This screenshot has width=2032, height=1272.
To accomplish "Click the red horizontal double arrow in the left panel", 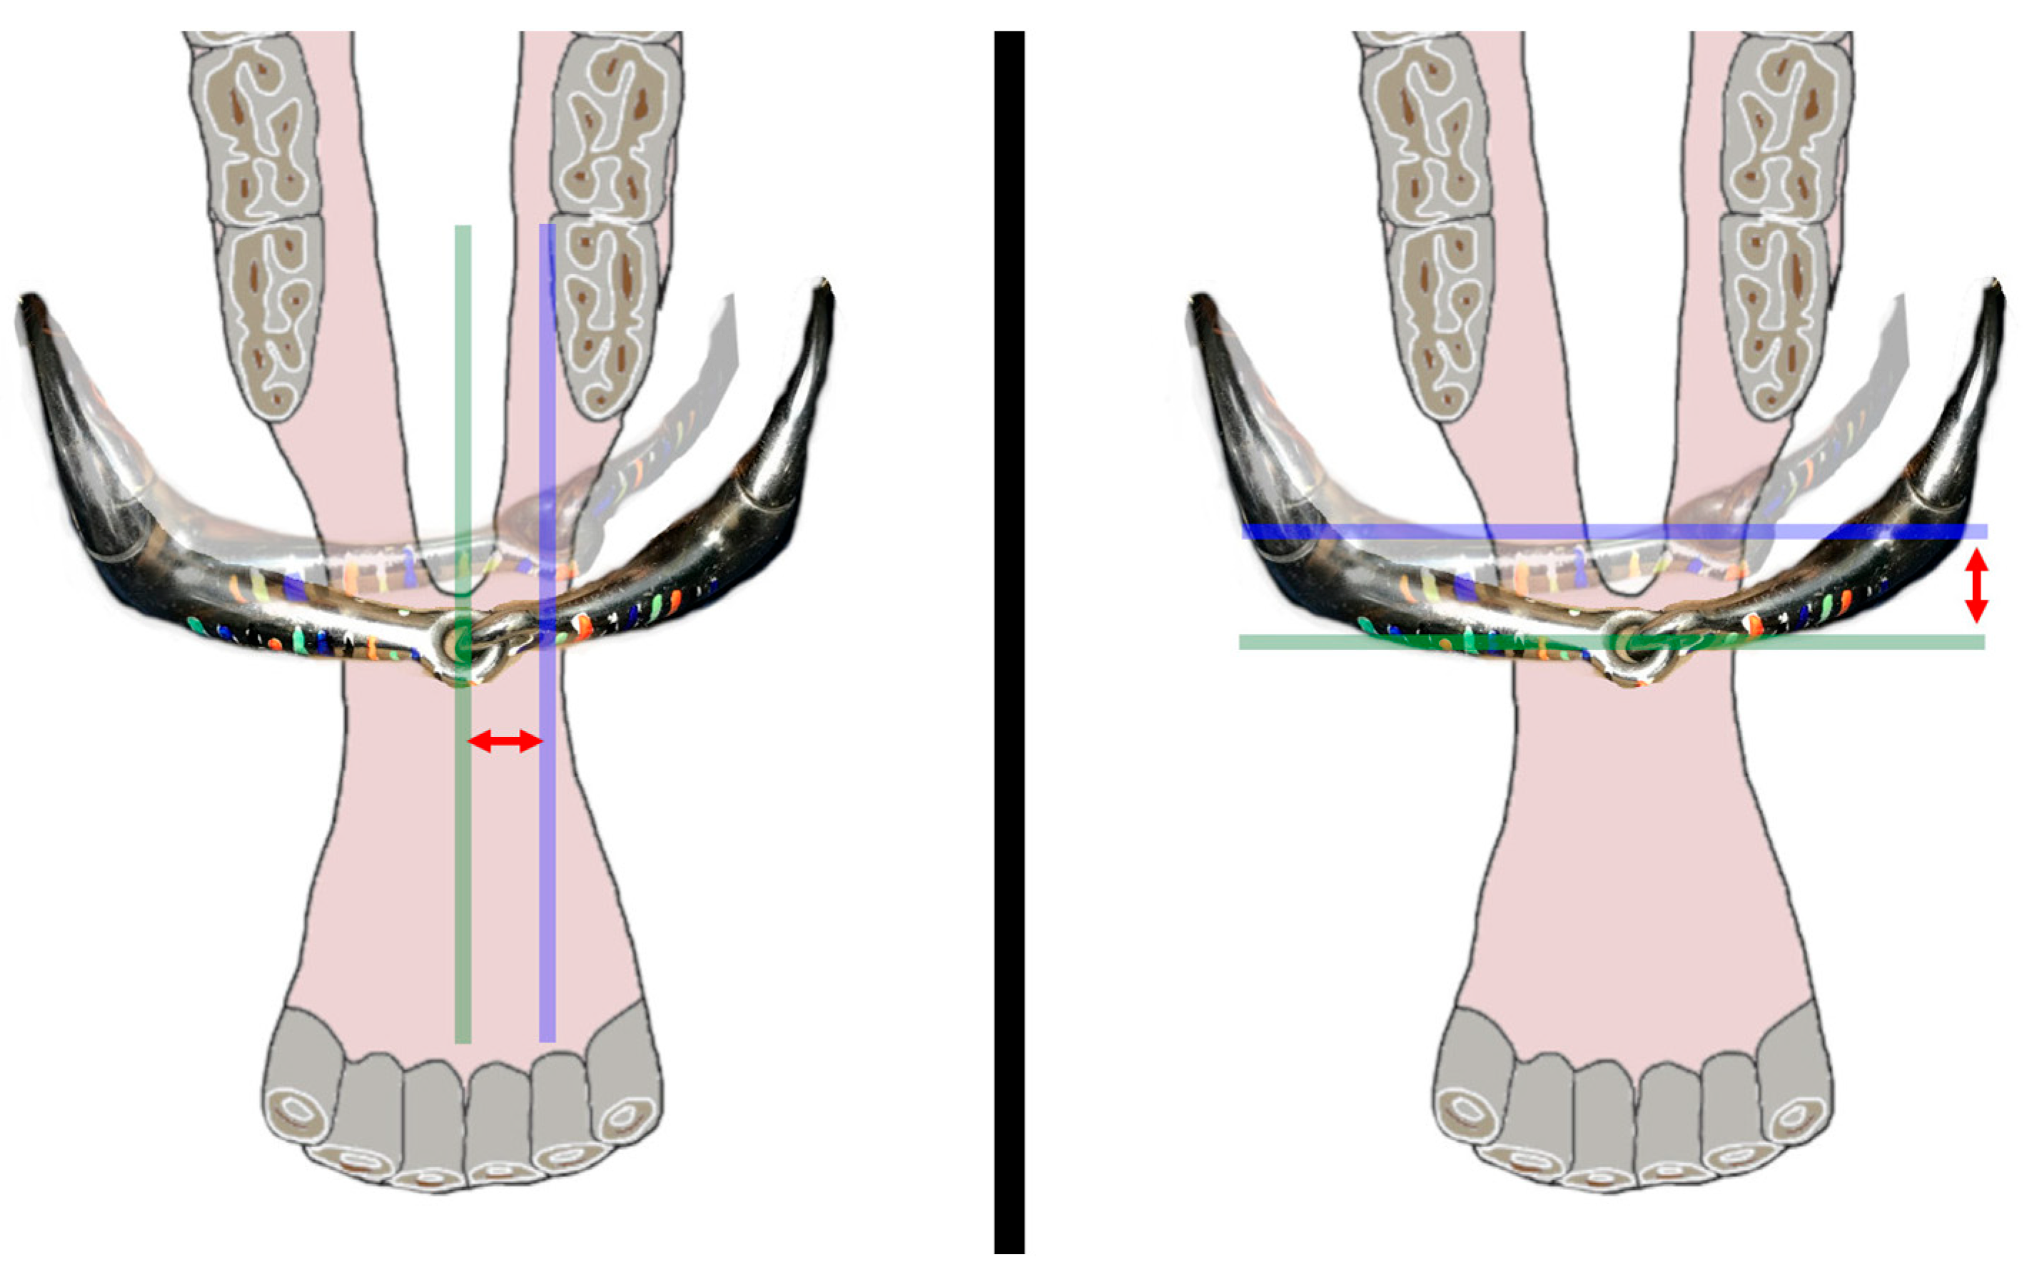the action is point(505,741).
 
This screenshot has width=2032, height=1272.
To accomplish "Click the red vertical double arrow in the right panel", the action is point(1976,585).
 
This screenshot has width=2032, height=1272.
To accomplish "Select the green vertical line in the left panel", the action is point(462,841).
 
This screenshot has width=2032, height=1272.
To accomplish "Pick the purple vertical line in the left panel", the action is point(547,841).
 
